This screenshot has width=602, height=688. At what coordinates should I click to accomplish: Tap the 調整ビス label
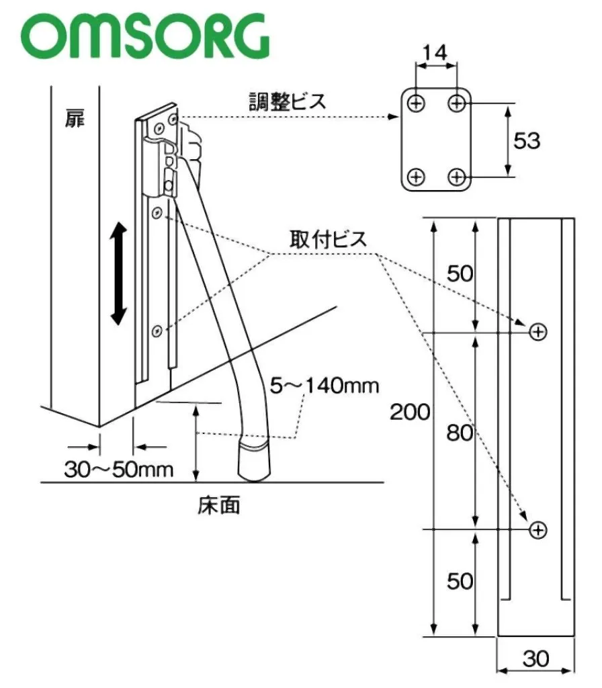286,102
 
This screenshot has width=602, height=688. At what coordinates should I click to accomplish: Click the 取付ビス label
329,239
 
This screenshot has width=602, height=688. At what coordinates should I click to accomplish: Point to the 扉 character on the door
75,120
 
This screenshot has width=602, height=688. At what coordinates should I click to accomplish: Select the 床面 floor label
218,504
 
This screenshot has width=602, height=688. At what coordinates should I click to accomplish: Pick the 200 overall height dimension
409,411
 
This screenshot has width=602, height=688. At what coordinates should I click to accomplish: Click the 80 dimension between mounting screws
460,433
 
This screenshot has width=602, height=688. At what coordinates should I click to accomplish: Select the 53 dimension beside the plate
526,140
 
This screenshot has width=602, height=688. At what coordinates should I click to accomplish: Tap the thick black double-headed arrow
118,275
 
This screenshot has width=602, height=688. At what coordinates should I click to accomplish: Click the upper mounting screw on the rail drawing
537,331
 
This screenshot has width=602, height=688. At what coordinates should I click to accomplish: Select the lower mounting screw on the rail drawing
537,530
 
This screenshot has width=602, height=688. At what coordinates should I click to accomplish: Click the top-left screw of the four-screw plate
417,103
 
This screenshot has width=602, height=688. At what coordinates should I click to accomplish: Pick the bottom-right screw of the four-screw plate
458,177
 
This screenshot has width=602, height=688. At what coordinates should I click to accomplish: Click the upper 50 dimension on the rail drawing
460,274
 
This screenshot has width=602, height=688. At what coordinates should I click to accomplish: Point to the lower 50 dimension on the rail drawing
460,580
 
